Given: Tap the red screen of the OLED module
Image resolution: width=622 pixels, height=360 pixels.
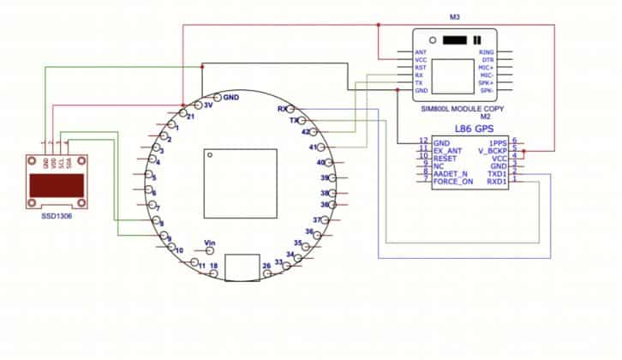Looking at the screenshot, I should [57, 184].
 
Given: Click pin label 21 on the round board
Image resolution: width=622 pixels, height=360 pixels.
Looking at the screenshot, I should [190, 116].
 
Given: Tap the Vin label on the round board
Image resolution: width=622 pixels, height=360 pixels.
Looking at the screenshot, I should [211, 243].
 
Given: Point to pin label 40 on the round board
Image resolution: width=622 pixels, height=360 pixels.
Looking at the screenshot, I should [321, 162].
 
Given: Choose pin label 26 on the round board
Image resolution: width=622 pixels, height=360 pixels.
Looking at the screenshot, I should [266, 267].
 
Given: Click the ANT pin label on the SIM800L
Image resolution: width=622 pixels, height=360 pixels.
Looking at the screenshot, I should [421, 52].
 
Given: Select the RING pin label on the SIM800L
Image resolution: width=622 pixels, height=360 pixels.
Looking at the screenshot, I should [486, 52].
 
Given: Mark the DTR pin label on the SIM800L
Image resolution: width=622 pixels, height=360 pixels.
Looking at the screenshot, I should [487, 60].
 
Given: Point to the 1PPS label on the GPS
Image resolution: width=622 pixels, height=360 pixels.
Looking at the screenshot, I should [498, 142].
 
